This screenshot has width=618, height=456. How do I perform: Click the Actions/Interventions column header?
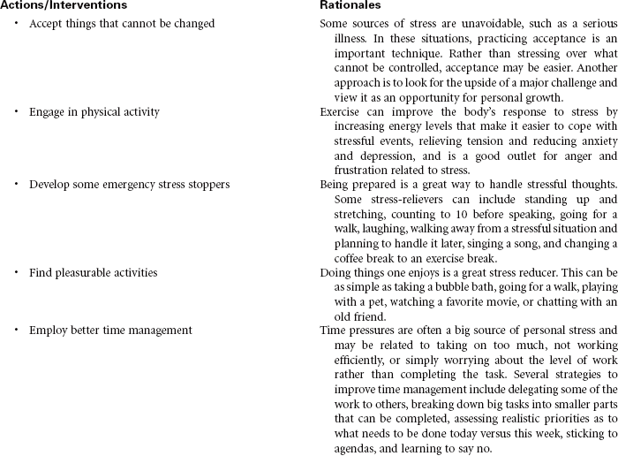pos(64,5)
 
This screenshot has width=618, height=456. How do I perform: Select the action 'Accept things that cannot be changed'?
pos(122,24)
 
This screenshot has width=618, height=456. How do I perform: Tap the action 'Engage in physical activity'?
pos(94,112)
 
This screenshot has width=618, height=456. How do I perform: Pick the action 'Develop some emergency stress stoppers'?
pos(129,184)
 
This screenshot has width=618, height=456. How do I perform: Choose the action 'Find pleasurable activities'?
pos(94,272)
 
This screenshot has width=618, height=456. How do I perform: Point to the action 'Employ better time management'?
pos(110,331)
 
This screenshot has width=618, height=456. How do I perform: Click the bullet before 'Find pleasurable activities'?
pos(17,272)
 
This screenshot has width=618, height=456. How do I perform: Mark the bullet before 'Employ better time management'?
pos(17,331)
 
